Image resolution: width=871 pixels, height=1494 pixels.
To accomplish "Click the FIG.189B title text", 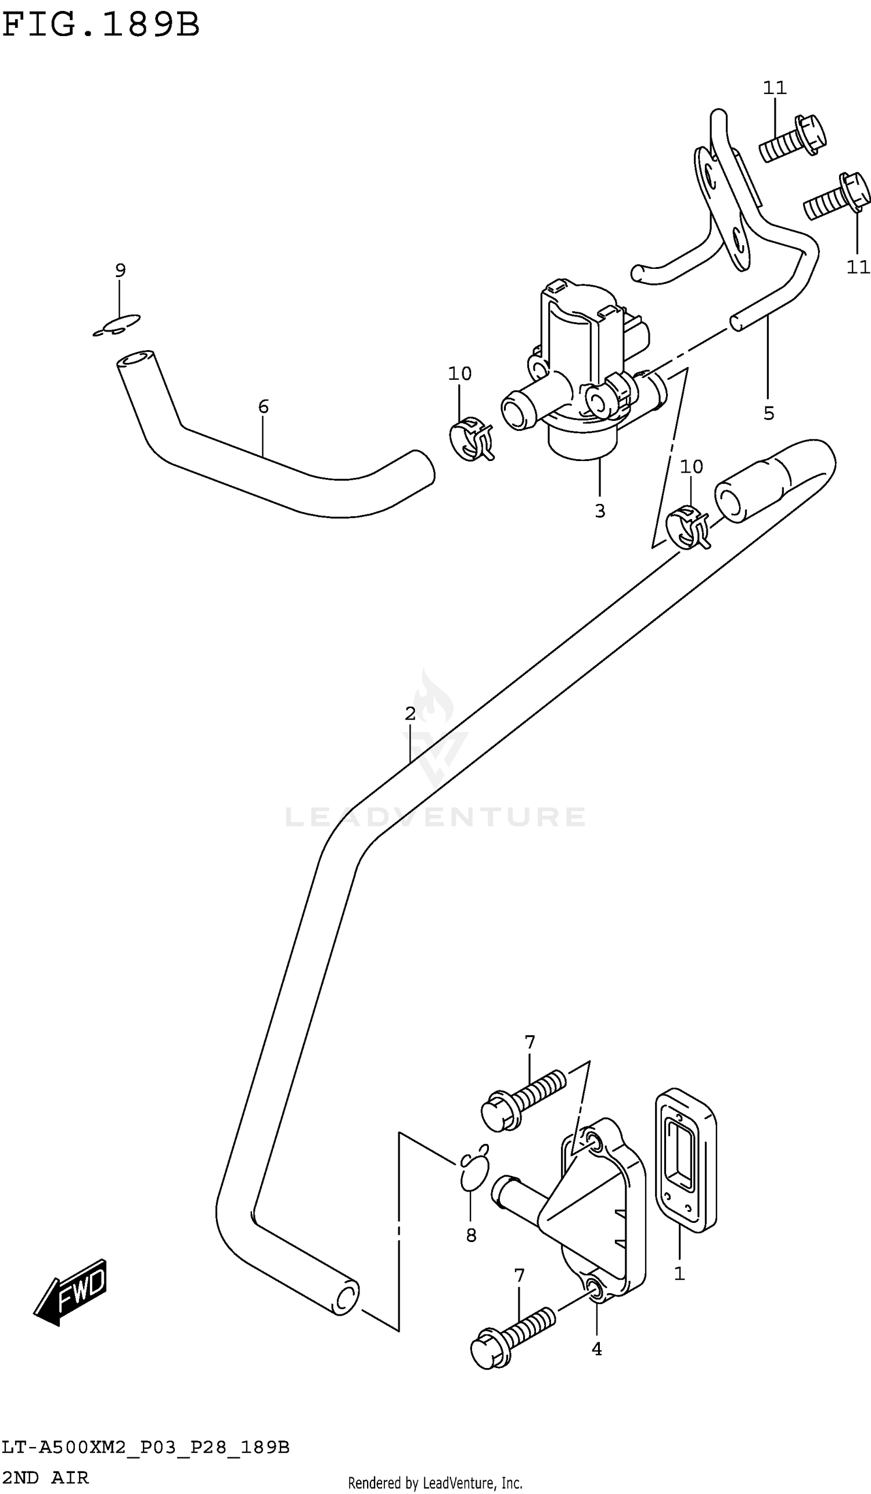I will pyautogui.click(x=101, y=25).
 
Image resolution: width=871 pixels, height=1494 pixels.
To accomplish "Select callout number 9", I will pyautogui.click(x=120, y=271).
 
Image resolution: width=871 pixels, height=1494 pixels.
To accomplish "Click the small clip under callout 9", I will pyautogui.click(x=117, y=325).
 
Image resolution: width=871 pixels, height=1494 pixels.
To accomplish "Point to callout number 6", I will pyautogui.click(x=263, y=406).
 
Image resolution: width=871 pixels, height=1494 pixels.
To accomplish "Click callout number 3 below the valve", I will pyautogui.click(x=599, y=510).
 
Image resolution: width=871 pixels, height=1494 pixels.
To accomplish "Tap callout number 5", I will pyautogui.click(x=768, y=413).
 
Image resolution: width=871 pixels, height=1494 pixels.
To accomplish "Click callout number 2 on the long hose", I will pyautogui.click(x=410, y=713).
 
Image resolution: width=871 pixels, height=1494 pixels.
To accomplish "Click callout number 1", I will pyautogui.click(x=679, y=1273).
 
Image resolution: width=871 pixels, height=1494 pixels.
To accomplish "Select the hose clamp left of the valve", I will pyautogui.click(x=472, y=440).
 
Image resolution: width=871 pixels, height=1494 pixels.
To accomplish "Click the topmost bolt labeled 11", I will pyautogui.click(x=793, y=138).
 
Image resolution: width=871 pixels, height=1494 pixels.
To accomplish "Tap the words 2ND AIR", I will pyautogui.click(x=45, y=1477).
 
